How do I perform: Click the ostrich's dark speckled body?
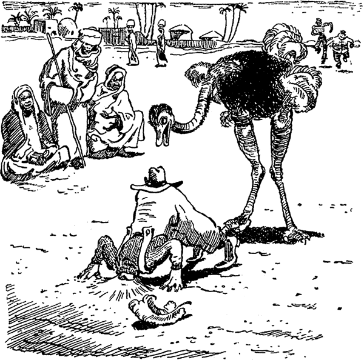tap(255, 79)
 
